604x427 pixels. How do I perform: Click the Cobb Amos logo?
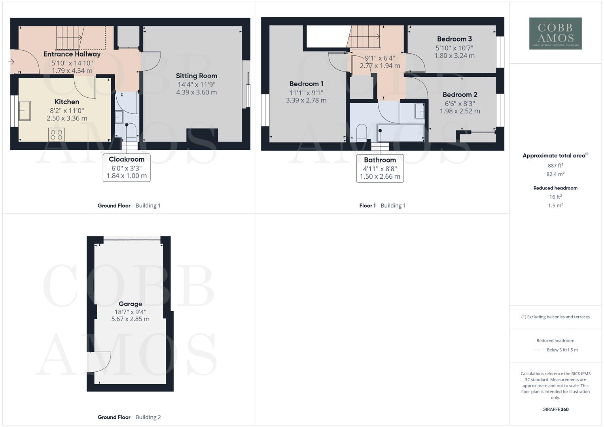[555, 34]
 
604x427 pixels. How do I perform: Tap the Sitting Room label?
[197, 76]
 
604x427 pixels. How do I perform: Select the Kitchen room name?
[67, 102]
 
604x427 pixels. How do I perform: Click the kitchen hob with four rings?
[56, 134]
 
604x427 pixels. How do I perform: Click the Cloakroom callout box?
[127, 167]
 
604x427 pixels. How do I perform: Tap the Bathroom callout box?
[380, 168]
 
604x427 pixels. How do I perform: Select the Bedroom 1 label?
[306, 84]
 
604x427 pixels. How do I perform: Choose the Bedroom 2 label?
[460, 94]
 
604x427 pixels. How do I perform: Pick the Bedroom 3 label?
[454, 39]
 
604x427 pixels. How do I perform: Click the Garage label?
[130, 304]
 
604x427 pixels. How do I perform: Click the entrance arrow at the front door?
[11, 62]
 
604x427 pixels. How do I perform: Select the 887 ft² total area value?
[555, 166]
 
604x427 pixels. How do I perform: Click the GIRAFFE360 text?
[555, 410]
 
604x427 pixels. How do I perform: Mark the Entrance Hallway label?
[72, 54]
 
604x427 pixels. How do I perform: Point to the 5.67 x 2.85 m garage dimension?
[130, 319]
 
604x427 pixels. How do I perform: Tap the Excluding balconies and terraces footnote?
[555, 317]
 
